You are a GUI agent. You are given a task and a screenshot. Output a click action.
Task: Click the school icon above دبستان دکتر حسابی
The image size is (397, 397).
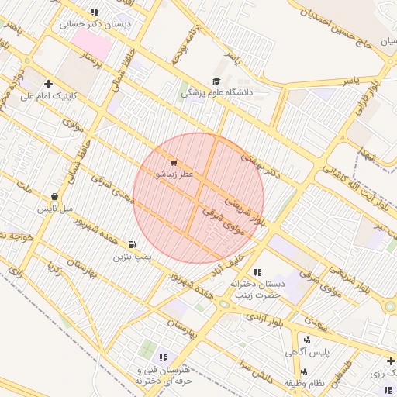point(95,12)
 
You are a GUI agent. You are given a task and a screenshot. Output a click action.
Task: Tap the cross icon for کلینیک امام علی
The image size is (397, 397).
point(49,84)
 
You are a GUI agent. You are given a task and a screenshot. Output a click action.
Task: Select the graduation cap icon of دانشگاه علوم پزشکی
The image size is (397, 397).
point(216,81)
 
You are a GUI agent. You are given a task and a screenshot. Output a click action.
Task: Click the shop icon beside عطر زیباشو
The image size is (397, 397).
point(172,163)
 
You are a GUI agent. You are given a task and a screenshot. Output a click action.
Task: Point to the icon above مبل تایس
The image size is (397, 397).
point(54,197)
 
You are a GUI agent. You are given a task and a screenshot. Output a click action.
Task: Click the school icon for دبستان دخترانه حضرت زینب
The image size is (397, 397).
point(257,272)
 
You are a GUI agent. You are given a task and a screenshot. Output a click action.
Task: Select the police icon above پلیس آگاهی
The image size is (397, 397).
point(308,340)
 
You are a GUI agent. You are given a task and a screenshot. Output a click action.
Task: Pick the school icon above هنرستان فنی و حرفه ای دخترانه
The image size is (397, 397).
point(163,357)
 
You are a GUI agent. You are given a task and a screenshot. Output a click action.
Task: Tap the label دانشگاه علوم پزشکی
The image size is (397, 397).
point(218,92)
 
